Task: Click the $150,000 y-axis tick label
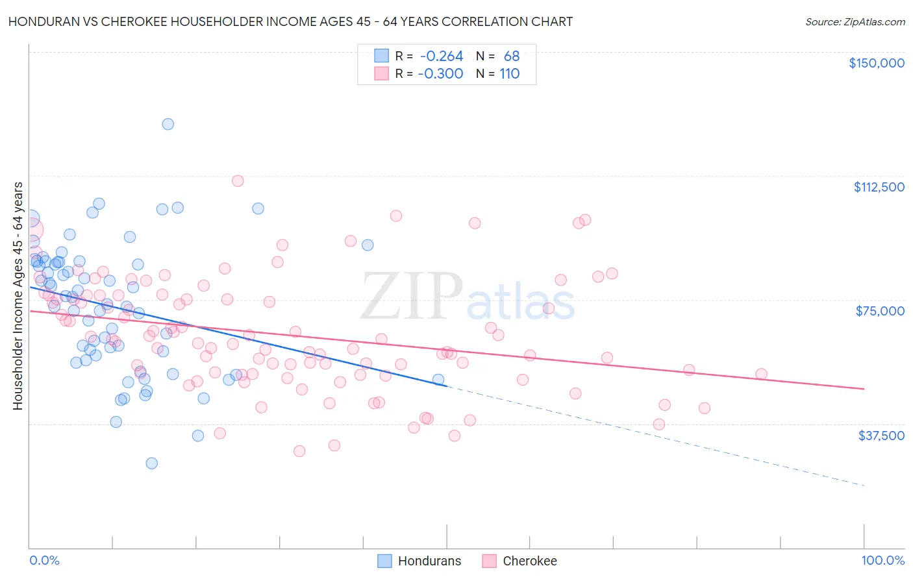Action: tap(876, 63)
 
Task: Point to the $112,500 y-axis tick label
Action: tap(879, 187)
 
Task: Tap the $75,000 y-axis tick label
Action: tap(880, 311)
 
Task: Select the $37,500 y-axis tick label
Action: tap(881, 436)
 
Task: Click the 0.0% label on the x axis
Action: tap(44, 560)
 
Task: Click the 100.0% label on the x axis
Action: tap(882, 560)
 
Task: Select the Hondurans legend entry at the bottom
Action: tap(419, 561)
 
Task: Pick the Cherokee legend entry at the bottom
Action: tap(519, 561)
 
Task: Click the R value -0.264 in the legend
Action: tap(442, 56)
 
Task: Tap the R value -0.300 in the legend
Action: tap(440, 74)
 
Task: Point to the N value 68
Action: tap(512, 56)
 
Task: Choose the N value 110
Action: tap(510, 74)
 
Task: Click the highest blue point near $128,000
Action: tap(168, 124)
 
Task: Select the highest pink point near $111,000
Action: tap(238, 181)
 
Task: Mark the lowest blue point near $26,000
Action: tap(151, 463)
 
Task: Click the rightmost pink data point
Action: tap(761, 374)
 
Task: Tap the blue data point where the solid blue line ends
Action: tap(438, 380)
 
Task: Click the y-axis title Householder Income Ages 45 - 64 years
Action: tap(18, 296)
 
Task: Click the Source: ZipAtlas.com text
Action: tap(855, 22)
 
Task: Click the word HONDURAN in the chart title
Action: tap(42, 22)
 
